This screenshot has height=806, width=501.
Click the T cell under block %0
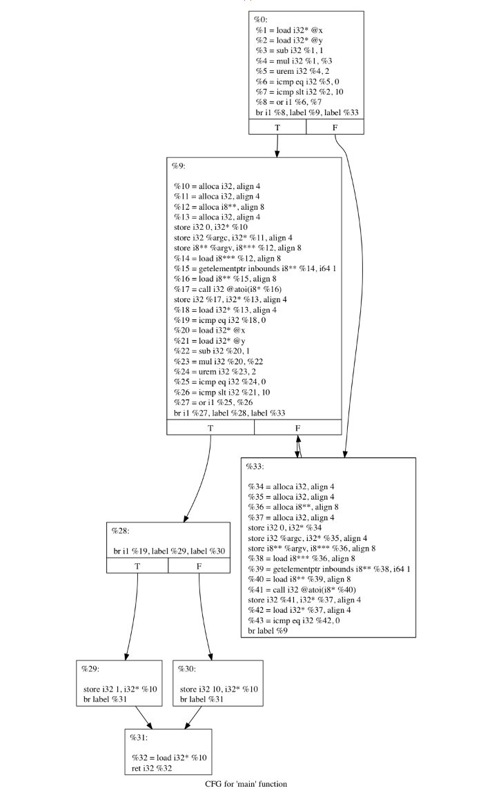[277, 127]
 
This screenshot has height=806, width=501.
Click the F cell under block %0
[335, 127]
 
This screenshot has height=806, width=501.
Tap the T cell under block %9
[210, 427]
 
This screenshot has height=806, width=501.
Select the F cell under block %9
[298, 427]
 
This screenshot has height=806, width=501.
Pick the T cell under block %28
[137, 565]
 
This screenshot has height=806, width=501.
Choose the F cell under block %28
[199, 565]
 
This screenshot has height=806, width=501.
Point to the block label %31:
[140, 738]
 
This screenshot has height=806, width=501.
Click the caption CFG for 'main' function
[245, 784]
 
